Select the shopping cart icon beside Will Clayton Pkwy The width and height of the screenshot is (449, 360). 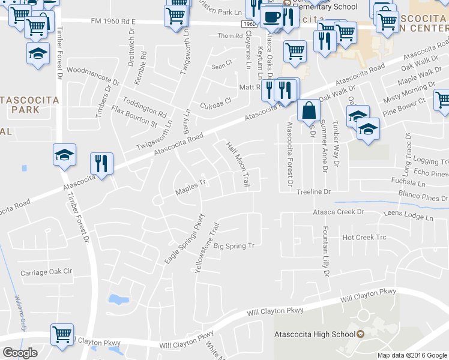[62, 335]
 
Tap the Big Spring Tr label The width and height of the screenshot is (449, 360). [235, 246]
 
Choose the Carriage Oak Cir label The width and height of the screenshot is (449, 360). [46, 272]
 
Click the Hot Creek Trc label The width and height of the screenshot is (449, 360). [364, 238]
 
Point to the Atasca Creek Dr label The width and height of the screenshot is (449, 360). [338, 212]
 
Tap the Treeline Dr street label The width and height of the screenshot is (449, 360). [313, 191]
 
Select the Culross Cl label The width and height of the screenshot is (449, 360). [215, 103]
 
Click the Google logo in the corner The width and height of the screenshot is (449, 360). [20, 353]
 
